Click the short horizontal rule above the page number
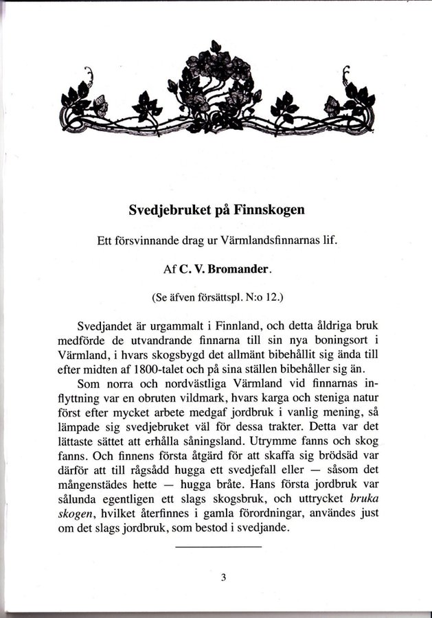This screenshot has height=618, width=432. point(218,547)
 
